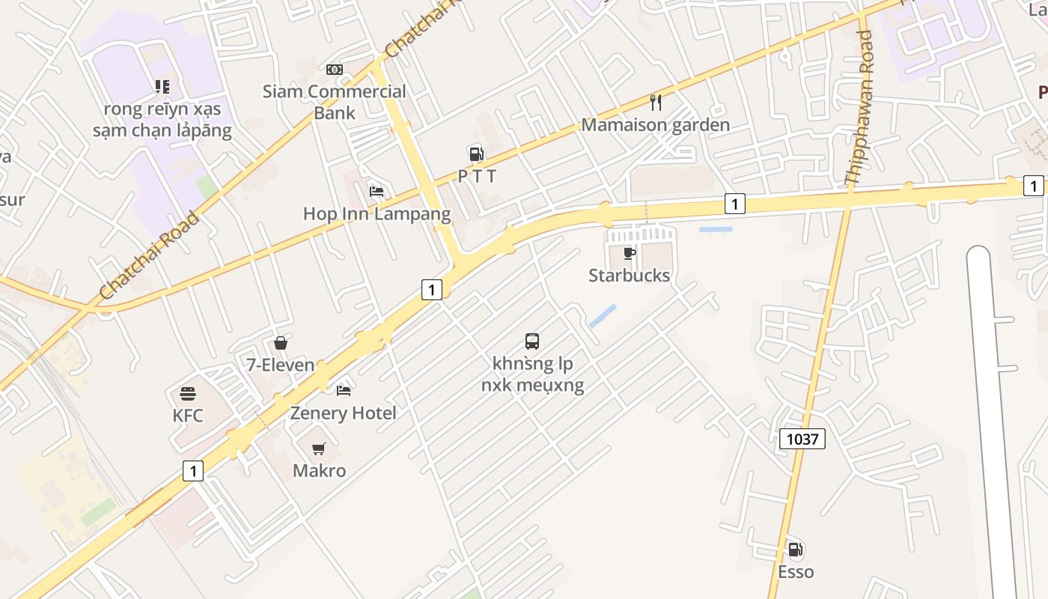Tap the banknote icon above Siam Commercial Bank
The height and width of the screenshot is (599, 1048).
point(335,70)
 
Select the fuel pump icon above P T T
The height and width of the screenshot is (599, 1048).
point(476,154)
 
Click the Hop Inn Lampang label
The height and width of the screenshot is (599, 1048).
point(377,214)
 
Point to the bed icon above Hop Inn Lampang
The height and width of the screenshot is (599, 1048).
point(377,192)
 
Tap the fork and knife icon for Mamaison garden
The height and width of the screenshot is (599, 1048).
point(656,102)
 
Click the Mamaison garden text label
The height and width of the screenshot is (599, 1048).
point(655,125)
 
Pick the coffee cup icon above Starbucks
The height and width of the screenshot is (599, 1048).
point(630,253)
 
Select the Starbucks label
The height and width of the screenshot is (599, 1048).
point(629,276)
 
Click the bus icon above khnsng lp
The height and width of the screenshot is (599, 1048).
point(532,341)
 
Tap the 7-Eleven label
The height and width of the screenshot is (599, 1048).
point(281,365)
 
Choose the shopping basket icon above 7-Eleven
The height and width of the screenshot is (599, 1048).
point(281,343)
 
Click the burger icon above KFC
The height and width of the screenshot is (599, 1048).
point(187,394)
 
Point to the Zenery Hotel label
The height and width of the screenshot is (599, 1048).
point(343,413)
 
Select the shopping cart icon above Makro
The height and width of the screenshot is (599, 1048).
point(319,449)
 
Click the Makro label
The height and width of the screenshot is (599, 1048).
point(319,471)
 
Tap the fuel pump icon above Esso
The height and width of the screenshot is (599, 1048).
point(795,550)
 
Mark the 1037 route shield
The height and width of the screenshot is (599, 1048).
point(802,439)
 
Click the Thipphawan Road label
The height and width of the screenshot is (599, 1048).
point(859,109)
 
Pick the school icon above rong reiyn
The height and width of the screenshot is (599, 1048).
point(162,87)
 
